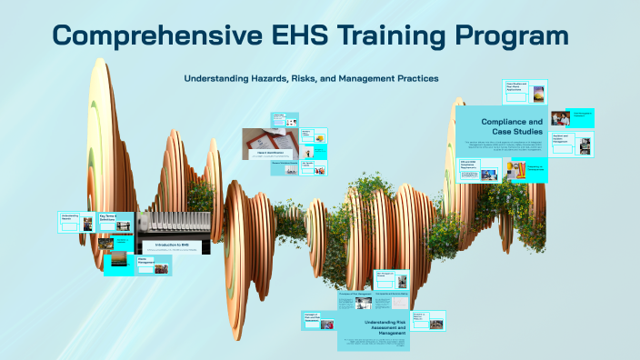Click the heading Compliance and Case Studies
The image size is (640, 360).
click(511, 126)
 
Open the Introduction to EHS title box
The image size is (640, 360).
click(173, 245)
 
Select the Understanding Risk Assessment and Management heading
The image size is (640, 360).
click(374, 326)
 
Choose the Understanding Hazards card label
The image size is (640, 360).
click(70, 218)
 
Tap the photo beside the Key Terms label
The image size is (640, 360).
click(89, 221)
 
